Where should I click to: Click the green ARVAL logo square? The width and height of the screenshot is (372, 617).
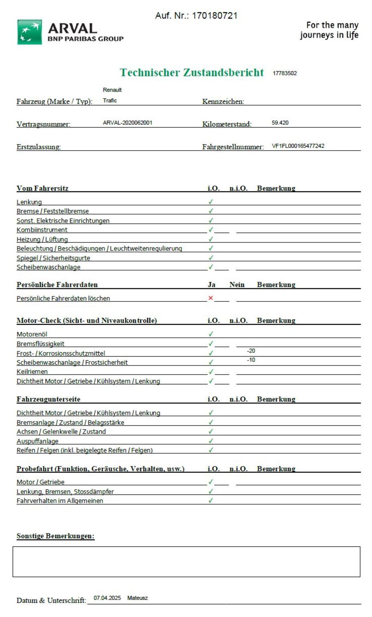[x=29, y=32]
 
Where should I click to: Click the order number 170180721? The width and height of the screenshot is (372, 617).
[x=214, y=16]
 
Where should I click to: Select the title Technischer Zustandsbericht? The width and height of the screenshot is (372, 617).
[x=191, y=72]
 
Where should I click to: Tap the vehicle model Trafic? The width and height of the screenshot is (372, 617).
[x=110, y=101]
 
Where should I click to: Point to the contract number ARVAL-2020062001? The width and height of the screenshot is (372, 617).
[x=128, y=123]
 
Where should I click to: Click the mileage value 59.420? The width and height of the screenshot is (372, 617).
[x=280, y=123]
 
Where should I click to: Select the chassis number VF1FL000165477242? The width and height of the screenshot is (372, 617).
[x=298, y=146]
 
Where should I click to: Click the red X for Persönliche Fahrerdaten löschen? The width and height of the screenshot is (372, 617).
[x=210, y=298]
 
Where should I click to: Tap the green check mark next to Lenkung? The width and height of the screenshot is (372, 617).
[x=211, y=202]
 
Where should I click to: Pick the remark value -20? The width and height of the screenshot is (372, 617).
[x=251, y=351]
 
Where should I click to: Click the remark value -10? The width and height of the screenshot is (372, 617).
[x=251, y=360]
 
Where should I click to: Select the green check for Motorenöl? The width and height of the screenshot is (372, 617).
[x=211, y=334]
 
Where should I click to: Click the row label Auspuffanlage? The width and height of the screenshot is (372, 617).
[x=37, y=441]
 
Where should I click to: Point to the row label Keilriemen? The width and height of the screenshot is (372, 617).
[x=32, y=372]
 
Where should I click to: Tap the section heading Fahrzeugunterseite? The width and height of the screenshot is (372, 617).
[x=48, y=399]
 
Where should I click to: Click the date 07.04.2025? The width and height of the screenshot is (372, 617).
[x=107, y=598]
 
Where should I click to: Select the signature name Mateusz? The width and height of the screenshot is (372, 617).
[x=137, y=598]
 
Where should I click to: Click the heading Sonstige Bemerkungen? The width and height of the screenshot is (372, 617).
[x=55, y=536]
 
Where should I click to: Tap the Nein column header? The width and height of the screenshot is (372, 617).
[x=237, y=285]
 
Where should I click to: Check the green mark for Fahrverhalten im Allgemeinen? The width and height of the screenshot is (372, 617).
[x=211, y=500]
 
